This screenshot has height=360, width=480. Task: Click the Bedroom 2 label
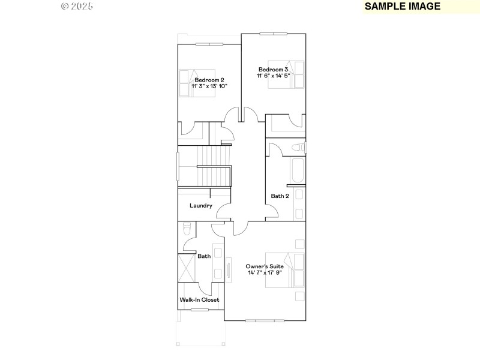point(209,80)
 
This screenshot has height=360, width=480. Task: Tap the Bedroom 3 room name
point(273,69)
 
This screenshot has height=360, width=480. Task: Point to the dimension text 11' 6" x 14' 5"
point(273,76)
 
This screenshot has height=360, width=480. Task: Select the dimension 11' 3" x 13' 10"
point(209,86)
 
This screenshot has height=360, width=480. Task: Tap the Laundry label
point(201,206)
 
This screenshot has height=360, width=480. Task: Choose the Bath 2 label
point(280,196)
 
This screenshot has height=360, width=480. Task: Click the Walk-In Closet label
point(200,299)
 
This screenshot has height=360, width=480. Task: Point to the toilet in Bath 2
point(298,148)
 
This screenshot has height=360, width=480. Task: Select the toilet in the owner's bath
point(186,229)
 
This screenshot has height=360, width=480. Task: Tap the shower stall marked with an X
point(187,268)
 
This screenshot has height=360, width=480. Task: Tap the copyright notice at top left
point(77,6)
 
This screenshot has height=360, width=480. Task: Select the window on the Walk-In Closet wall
point(200,310)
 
